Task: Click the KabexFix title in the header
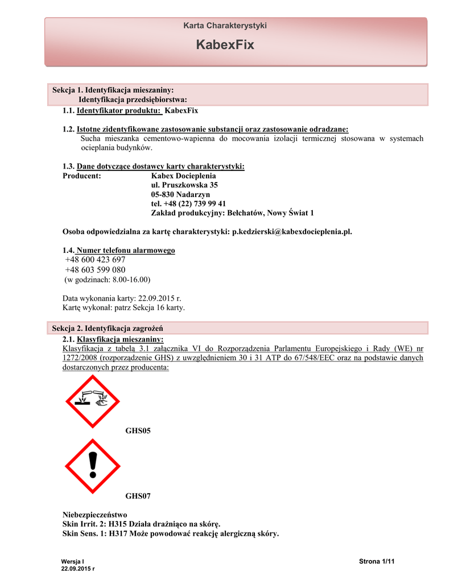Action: click(x=225, y=44)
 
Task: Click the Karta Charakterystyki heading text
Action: click(x=225, y=26)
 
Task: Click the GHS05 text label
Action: click(x=138, y=432)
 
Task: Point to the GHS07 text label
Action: click(x=138, y=496)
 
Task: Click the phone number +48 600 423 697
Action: click(x=95, y=260)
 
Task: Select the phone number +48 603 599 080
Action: click(x=95, y=269)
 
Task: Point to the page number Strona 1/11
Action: click(x=377, y=562)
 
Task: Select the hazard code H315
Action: click(x=117, y=524)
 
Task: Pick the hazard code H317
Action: click(x=118, y=533)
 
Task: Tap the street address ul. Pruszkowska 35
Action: click(x=184, y=185)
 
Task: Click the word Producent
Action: click(x=81, y=176)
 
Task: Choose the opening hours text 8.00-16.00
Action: click(x=129, y=280)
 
